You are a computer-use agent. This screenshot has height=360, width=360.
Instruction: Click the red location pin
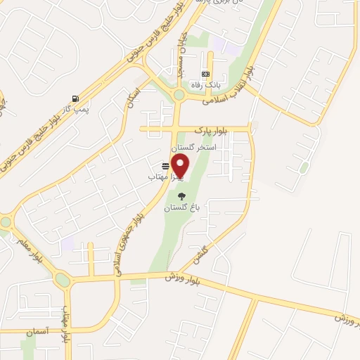pyautogui.click(x=181, y=167)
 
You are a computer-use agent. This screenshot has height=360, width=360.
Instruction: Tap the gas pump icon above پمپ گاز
pyautogui.click(x=75, y=98)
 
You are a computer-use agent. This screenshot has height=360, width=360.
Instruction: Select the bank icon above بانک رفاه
pyautogui.click(x=205, y=75)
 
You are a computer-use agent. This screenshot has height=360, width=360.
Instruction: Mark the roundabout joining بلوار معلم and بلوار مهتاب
pyautogui.click(x=63, y=280)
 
